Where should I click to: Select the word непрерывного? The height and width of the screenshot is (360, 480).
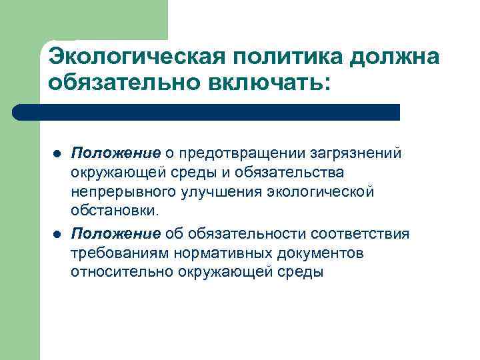pyautogui.click(x=121, y=193)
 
